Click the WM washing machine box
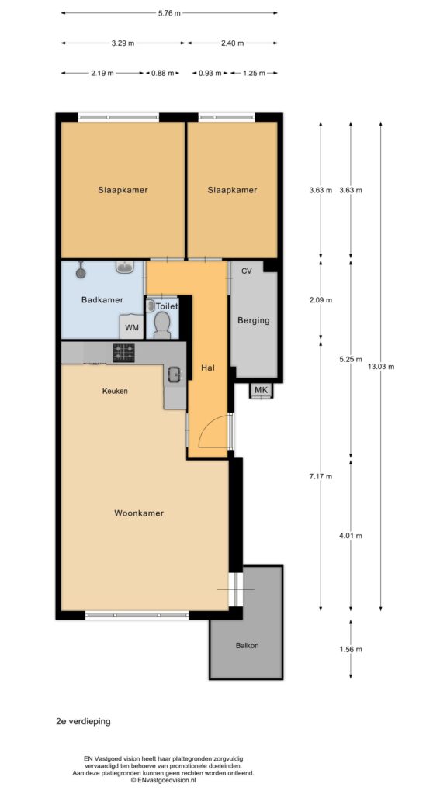(x=132, y=327)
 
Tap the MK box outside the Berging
(x=261, y=390)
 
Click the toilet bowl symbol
(x=162, y=324)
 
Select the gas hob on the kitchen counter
(x=123, y=353)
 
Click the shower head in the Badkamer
(x=81, y=271)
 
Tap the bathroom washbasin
(x=125, y=267)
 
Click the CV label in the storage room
(x=246, y=271)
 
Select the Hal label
(x=206, y=368)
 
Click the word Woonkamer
(x=139, y=513)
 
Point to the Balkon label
(x=248, y=646)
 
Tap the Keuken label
(x=115, y=391)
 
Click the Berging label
(x=254, y=320)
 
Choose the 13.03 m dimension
(x=380, y=367)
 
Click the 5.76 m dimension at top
(x=169, y=13)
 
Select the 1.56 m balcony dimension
(x=351, y=649)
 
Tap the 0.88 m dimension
(x=163, y=73)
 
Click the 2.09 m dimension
(x=321, y=300)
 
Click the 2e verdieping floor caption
(x=83, y=722)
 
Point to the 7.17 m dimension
(x=321, y=476)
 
